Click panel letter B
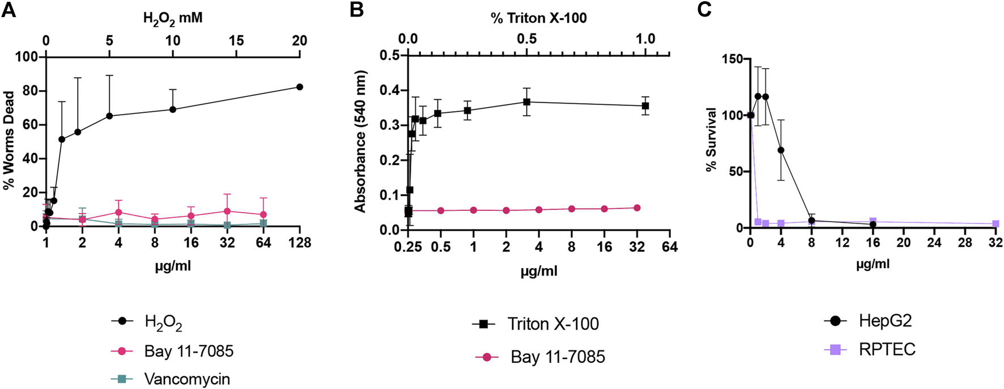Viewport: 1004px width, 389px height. tap(356, 10)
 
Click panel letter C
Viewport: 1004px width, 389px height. tap(704, 10)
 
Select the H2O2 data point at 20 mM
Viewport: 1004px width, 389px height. tap(299, 87)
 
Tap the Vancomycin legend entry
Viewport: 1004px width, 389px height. tap(186, 379)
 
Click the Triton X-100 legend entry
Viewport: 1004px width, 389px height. tap(552, 324)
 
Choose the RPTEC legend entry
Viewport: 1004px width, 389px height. tap(886, 349)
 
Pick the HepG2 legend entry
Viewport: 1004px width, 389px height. tap(884, 321)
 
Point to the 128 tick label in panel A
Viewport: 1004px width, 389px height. tap(299, 243)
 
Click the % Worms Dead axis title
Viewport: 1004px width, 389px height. tap(8, 141)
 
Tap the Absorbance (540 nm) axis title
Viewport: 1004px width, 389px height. tap(360, 142)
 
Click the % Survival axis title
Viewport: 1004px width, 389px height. tap(711, 139)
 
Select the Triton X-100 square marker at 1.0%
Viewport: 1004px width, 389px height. tap(645, 106)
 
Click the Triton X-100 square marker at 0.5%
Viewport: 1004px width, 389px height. tap(527, 102)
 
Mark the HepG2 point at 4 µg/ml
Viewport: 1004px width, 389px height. tap(781, 150)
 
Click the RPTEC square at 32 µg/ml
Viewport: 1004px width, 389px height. tap(996, 224)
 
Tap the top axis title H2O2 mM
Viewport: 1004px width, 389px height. tap(173, 18)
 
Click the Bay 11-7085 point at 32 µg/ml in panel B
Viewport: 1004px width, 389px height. tap(637, 208)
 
